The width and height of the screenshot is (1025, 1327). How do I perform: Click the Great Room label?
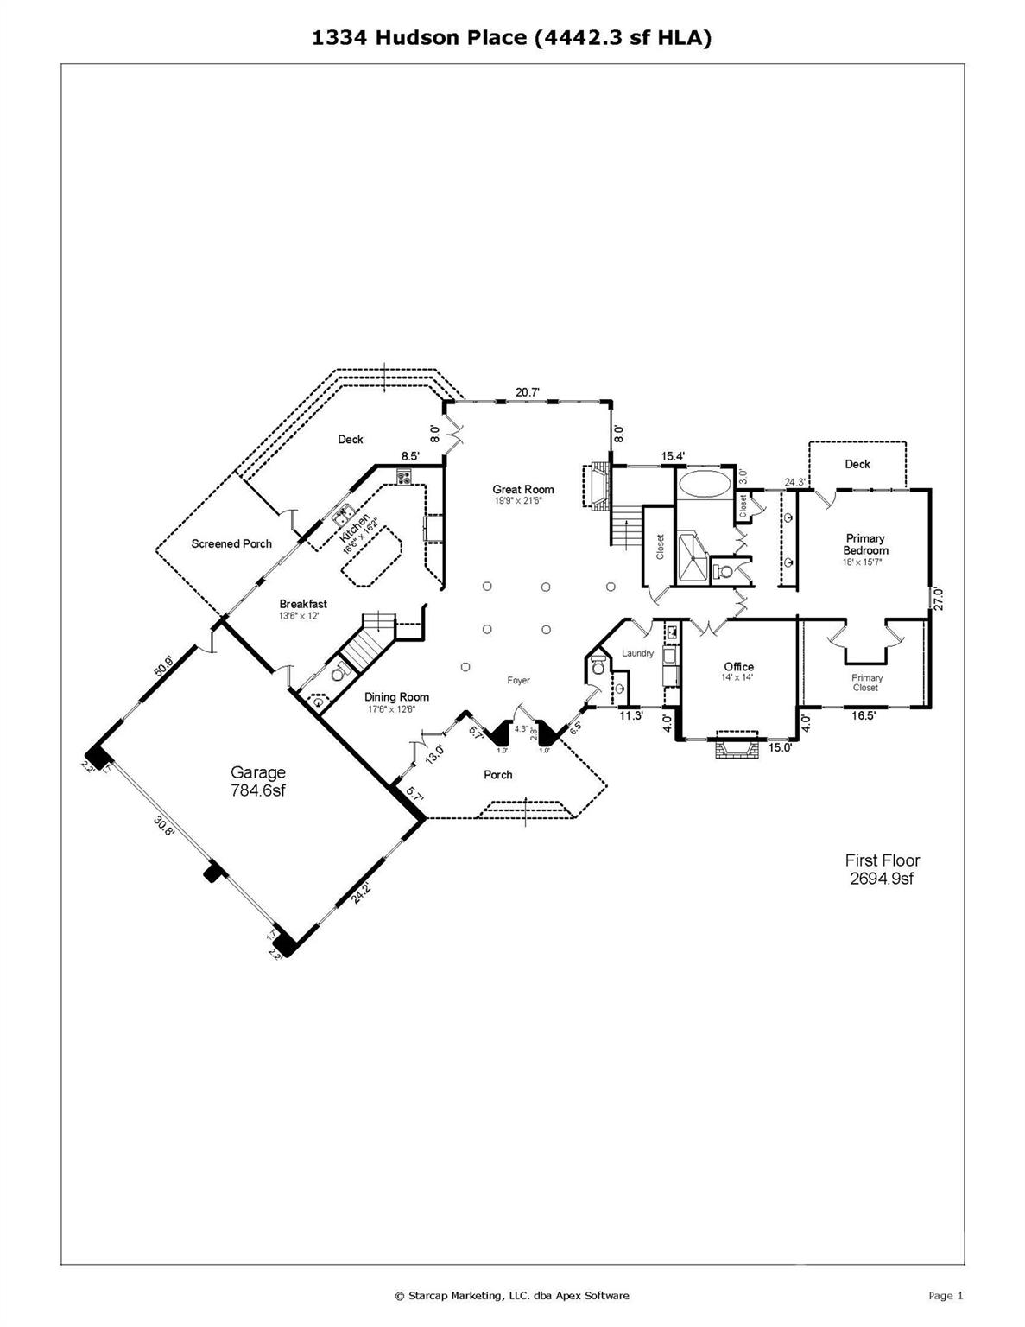click(523, 490)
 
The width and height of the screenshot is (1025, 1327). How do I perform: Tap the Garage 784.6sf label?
click(257, 781)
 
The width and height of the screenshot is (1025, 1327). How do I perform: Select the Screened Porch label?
click(231, 544)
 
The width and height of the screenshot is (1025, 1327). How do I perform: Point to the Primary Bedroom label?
click(865, 544)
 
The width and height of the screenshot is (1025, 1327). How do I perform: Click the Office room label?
click(738, 667)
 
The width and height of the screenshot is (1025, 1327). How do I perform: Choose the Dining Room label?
click(396, 697)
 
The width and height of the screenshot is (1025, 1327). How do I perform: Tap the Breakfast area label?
click(303, 605)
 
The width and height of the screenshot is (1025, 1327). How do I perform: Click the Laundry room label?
click(637, 654)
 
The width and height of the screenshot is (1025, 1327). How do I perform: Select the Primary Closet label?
click(866, 683)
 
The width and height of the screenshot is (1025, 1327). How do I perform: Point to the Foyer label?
click(518, 681)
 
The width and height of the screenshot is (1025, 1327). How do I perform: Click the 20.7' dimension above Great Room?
click(528, 393)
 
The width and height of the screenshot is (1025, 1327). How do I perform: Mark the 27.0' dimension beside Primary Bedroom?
click(938, 599)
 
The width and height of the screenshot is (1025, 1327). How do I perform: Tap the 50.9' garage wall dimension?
click(164, 667)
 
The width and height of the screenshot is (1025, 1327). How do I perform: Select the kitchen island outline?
click(373, 558)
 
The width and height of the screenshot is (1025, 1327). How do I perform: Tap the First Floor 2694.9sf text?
click(882, 869)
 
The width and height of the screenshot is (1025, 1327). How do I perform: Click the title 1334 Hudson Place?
click(512, 37)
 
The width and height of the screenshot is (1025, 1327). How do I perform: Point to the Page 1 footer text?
click(946, 1295)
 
